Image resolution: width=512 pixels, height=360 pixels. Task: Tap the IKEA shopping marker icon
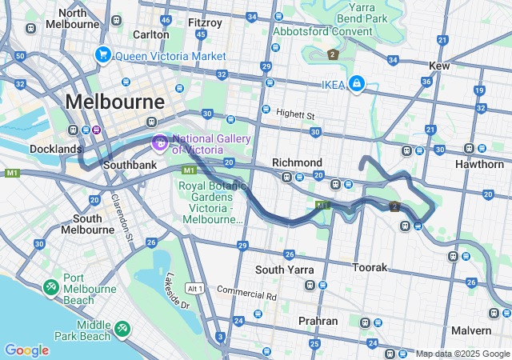(356, 84)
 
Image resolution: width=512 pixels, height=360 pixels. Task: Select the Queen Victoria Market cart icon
(102, 55)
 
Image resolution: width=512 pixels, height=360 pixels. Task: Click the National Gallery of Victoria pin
(159, 143)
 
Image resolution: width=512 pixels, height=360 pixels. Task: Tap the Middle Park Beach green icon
(122, 328)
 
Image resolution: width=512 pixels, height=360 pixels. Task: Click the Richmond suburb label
(297, 162)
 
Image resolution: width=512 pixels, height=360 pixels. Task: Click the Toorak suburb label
(370, 266)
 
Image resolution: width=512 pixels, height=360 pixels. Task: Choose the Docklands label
(56, 149)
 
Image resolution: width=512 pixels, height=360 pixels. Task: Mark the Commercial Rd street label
(246, 294)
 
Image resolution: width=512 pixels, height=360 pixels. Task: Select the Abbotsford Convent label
(322, 32)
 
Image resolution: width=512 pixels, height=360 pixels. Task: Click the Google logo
(26, 350)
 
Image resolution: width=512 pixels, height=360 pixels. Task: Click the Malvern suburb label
(470, 330)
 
